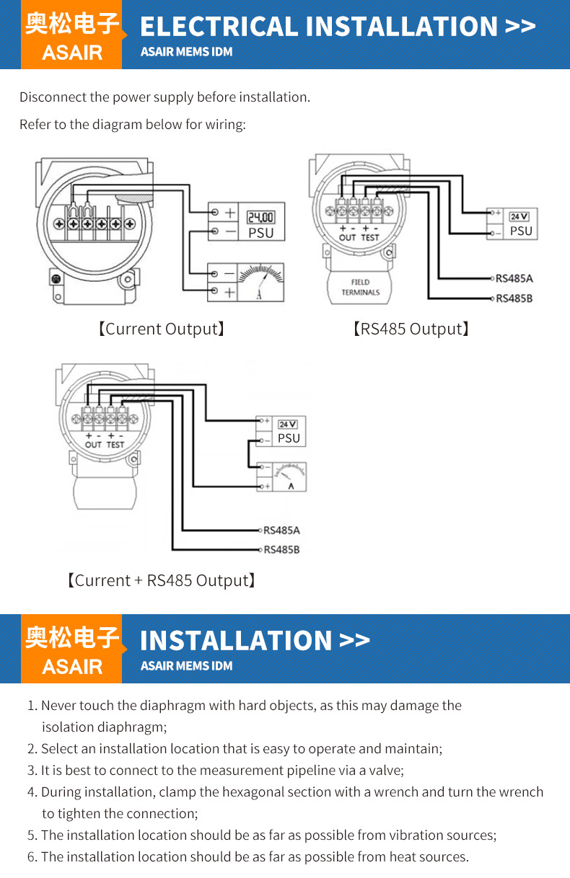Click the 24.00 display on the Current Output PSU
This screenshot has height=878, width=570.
click(x=260, y=217)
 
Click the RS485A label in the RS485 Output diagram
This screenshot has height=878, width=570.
click(x=514, y=278)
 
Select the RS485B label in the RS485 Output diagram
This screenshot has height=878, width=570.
click(x=514, y=298)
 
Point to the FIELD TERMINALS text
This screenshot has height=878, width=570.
click(x=361, y=287)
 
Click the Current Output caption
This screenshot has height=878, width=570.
click(x=162, y=329)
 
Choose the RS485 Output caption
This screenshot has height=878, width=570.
click(x=411, y=329)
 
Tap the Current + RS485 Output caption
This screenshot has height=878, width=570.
click(x=162, y=580)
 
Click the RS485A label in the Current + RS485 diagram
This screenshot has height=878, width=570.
click(x=281, y=531)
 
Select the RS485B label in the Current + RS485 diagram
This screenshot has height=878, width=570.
click(x=281, y=550)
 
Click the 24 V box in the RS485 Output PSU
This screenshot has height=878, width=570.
click(x=519, y=216)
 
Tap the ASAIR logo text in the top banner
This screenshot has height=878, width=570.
click(x=72, y=53)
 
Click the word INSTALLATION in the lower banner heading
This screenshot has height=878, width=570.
click(x=235, y=640)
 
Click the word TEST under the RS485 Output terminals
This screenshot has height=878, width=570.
click(x=370, y=237)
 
